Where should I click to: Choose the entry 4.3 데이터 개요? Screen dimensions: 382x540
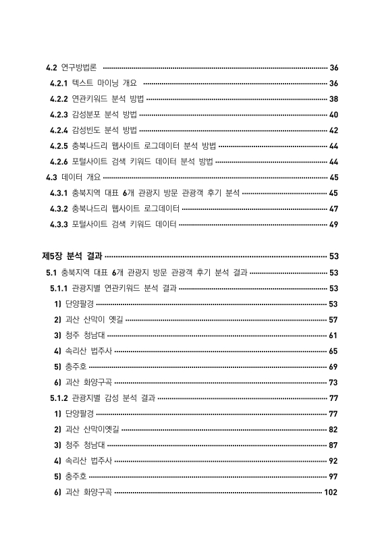(x=71, y=178)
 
